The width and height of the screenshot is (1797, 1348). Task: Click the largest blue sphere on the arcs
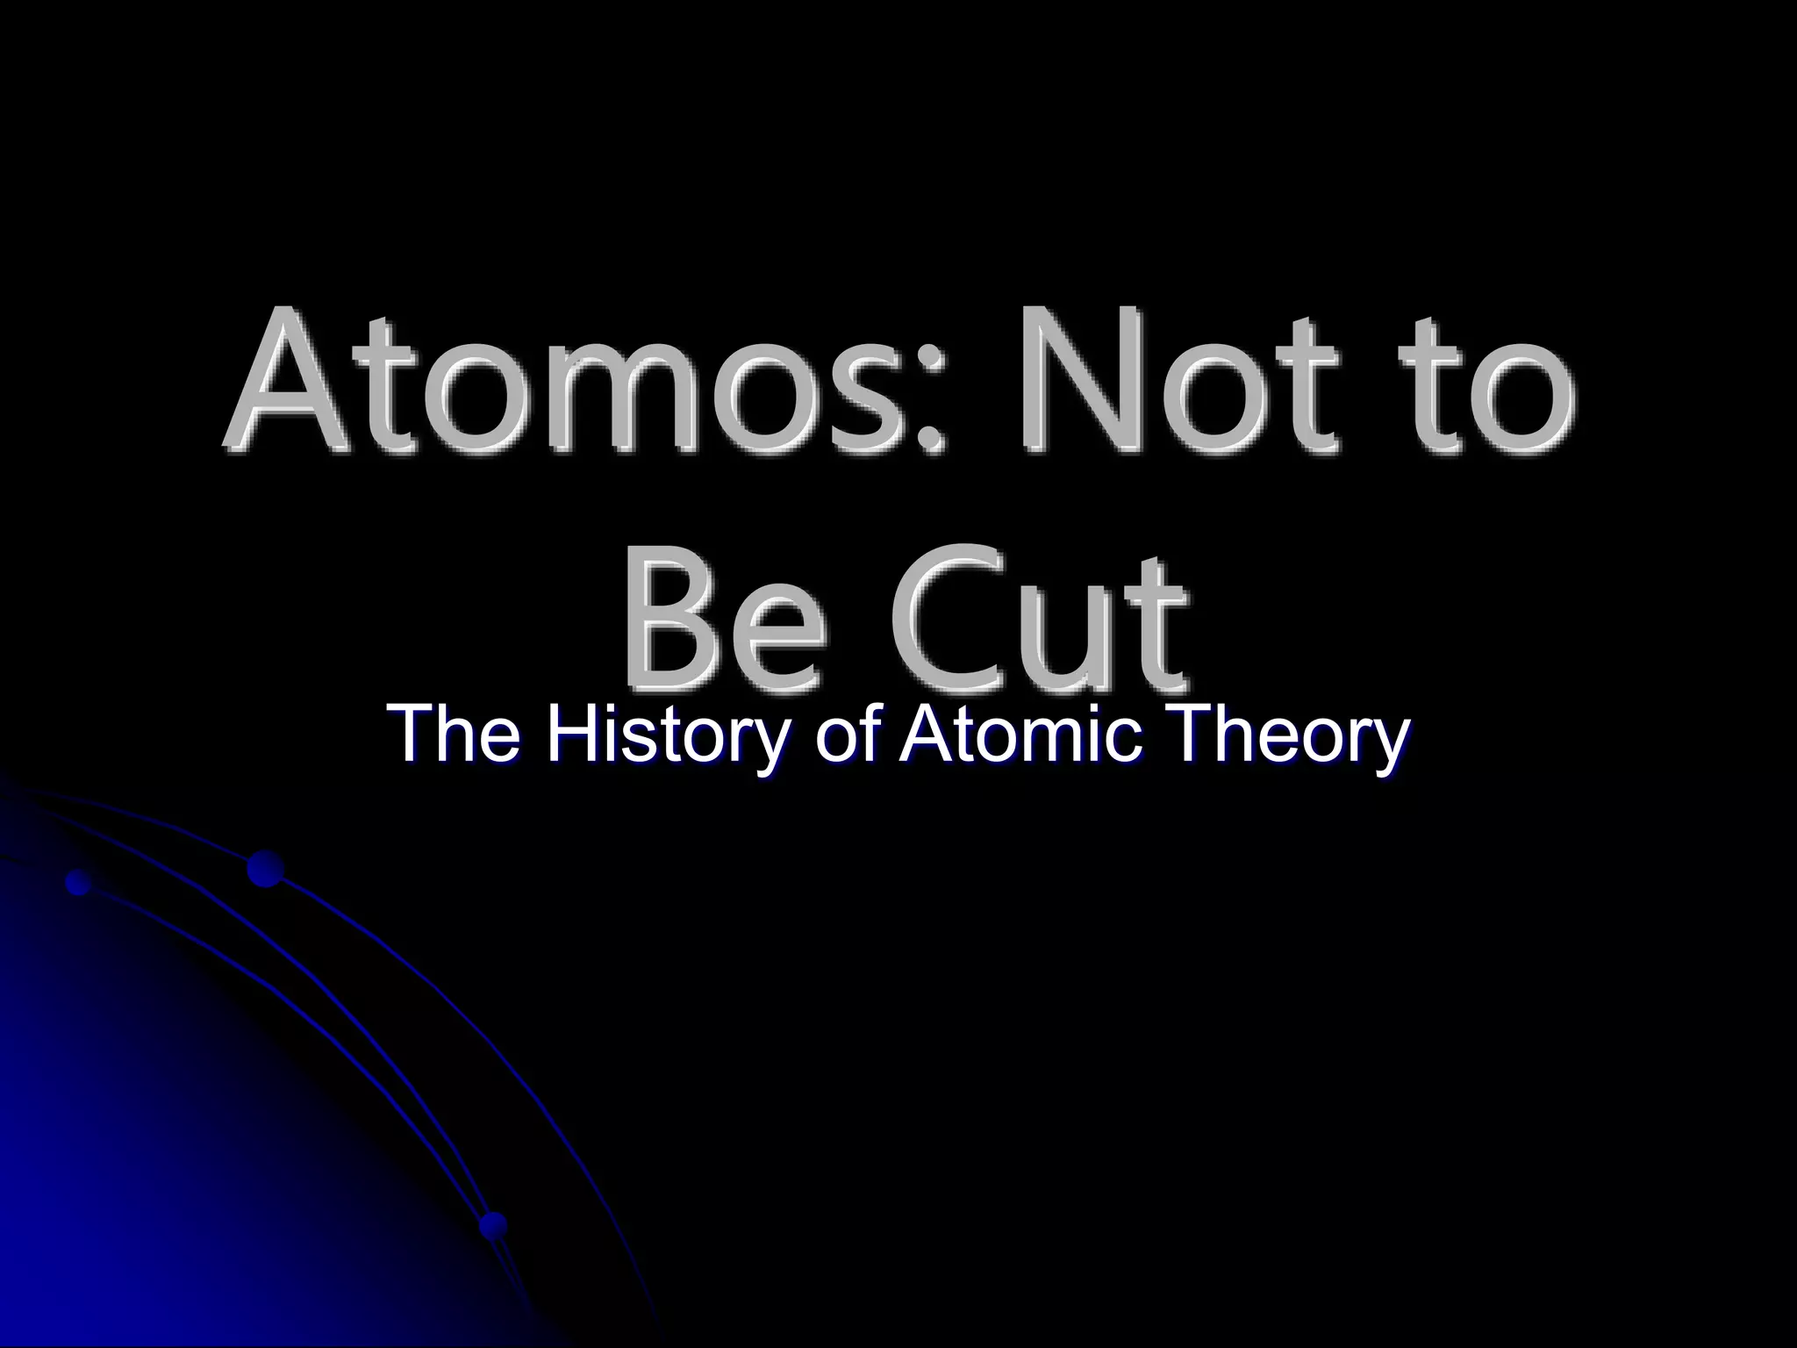pyautogui.click(x=265, y=868)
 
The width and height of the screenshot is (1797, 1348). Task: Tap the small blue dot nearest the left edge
pyautogui.click(x=79, y=882)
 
